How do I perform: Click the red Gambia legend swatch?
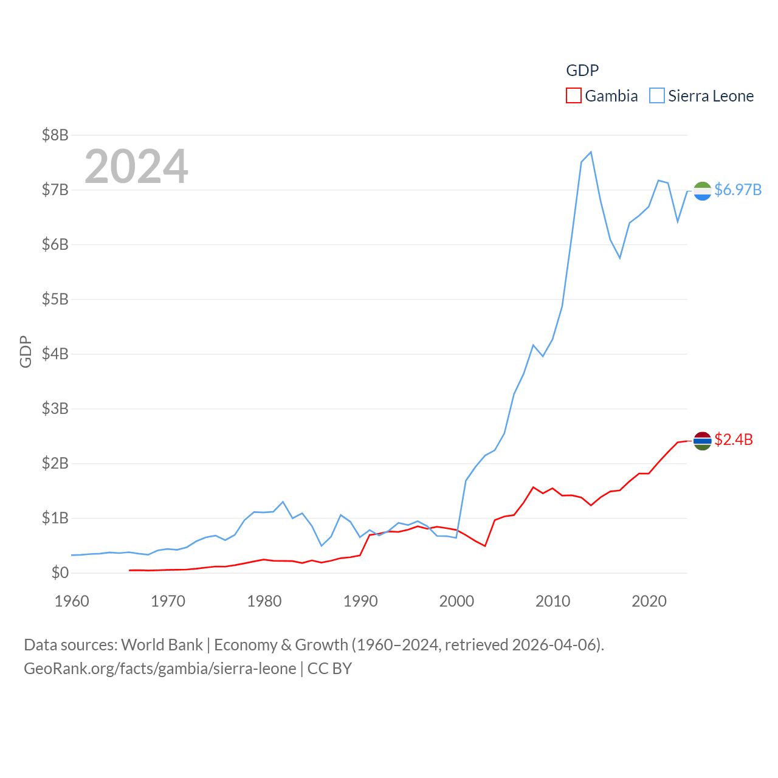click(x=573, y=96)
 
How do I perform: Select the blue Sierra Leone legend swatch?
click(x=656, y=96)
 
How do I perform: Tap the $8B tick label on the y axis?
click(x=55, y=135)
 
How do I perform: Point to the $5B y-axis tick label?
click(x=55, y=299)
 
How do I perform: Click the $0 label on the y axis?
click(x=60, y=573)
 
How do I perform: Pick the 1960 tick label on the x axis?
click(x=72, y=601)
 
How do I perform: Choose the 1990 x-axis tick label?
click(x=360, y=601)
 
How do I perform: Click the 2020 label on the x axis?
click(x=649, y=601)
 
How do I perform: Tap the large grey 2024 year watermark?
click(x=136, y=167)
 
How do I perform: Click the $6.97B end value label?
click(x=738, y=190)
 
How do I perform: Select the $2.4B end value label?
click(x=734, y=439)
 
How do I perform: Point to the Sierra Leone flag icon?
click(x=703, y=191)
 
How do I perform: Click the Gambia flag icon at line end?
click(x=703, y=441)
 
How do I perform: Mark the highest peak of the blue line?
click(x=591, y=152)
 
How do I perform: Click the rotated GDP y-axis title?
click(x=26, y=351)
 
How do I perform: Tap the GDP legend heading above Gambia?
click(x=582, y=71)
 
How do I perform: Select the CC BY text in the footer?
click(x=329, y=669)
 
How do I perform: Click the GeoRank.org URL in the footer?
click(x=160, y=669)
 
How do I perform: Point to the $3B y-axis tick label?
click(x=55, y=408)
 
